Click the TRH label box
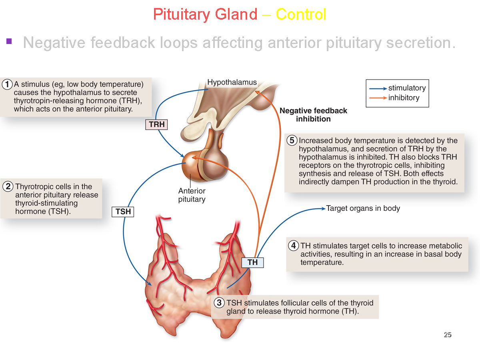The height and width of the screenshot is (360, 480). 156,125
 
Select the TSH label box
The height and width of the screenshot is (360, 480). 123,212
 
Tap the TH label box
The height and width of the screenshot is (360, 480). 252,262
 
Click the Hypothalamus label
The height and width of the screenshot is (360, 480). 232,82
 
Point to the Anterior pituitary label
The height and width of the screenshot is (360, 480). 192,195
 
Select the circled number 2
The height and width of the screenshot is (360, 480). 8,186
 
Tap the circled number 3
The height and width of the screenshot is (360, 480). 219,303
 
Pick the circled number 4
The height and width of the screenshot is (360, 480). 293,246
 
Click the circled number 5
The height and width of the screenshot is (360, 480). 292,140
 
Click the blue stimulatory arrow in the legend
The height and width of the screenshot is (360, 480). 378,88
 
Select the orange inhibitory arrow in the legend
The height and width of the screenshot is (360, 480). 378,98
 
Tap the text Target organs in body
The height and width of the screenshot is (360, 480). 363,208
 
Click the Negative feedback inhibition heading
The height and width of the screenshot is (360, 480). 313,115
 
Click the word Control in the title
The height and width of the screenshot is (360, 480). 301,15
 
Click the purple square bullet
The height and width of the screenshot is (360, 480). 9,41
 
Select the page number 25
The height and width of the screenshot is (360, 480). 448,335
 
